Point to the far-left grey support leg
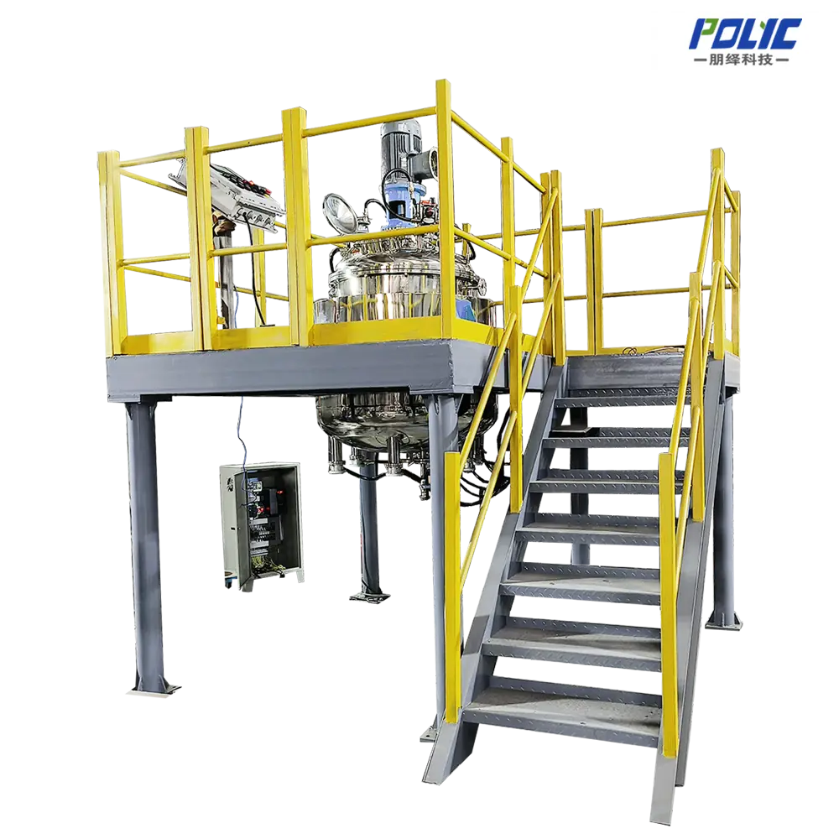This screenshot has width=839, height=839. pos(146,537)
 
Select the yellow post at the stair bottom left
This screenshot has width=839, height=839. pos(453,587)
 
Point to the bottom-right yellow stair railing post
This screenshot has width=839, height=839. pos(669,604)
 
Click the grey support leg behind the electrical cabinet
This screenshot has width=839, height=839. pos(367,537)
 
